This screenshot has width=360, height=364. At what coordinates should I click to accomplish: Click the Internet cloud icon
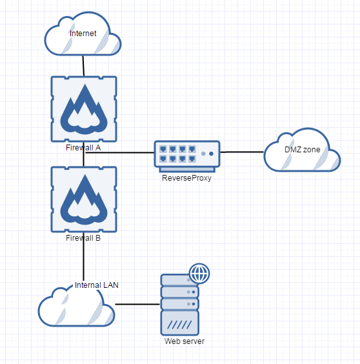pyautogui.click(x=83, y=39)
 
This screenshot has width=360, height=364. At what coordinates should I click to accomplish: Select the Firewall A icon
pyautogui.click(x=83, y=108)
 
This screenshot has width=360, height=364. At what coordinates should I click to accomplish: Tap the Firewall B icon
pyautogui.click(x=83, y=199)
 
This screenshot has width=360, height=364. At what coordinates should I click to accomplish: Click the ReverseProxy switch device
pyautogui.click(x=187, y=155)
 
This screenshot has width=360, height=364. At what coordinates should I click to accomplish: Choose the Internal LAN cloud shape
pyautogui.click(x=76, y=307)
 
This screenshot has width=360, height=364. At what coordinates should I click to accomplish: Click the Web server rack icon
pyautogui.click(x=179, y=303)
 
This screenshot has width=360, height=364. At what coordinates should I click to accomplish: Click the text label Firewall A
pyautogui.click(x=83, y=147)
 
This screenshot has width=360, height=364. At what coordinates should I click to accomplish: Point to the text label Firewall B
pyautogui.click(x=83, y=238)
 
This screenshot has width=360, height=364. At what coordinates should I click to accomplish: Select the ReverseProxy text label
pyautogui.click(x=187, y=177)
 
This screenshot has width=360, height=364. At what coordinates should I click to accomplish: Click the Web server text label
pyautogui.click(x=184, y=341)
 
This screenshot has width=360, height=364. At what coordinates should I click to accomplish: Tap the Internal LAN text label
pyautogui.click(x=97, y=285)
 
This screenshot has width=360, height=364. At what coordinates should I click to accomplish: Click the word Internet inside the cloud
pyautogui.click(x=83, y=33)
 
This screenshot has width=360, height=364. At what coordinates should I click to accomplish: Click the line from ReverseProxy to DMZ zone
pyautogui.click(x=242, y=152)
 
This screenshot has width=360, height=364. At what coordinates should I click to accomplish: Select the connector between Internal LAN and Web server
pyautogui.click(x=137, y=303)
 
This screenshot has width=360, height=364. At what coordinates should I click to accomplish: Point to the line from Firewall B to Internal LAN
pyautogui.click(x=83, y=258)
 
